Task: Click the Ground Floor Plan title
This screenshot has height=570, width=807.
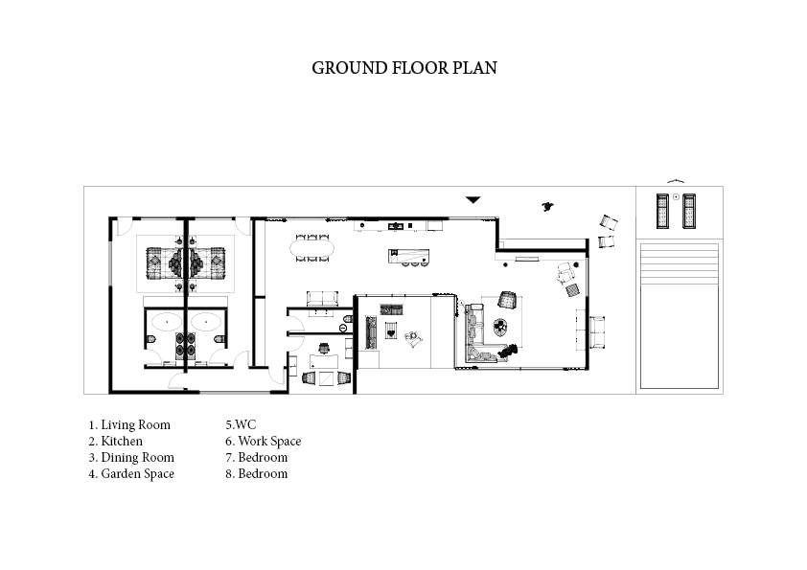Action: (404, 68)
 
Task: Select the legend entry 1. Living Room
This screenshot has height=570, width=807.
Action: (129, 425)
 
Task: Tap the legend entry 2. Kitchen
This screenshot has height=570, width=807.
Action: (115, 442)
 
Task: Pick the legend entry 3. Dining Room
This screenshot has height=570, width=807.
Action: (131, 457)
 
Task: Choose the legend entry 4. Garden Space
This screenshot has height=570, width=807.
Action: (131, 474)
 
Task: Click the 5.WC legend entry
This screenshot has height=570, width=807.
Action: (241, 425)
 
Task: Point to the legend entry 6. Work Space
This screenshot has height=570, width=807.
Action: (263, 442)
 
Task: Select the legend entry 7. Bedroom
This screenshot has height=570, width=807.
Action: (256, 457)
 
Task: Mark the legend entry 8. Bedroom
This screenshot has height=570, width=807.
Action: (256, 474)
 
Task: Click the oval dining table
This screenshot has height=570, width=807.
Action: (311, 248)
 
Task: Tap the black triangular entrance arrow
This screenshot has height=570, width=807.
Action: (473, 199)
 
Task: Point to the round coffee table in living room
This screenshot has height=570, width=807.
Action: (500, 326)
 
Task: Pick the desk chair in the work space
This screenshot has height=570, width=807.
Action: (324, 349)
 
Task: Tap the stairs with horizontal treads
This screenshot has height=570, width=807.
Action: (680, 263)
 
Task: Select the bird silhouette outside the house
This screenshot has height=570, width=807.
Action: (547, 207)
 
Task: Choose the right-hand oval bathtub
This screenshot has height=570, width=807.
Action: (206, 322)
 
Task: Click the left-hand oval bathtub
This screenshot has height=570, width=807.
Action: (166, 322)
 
